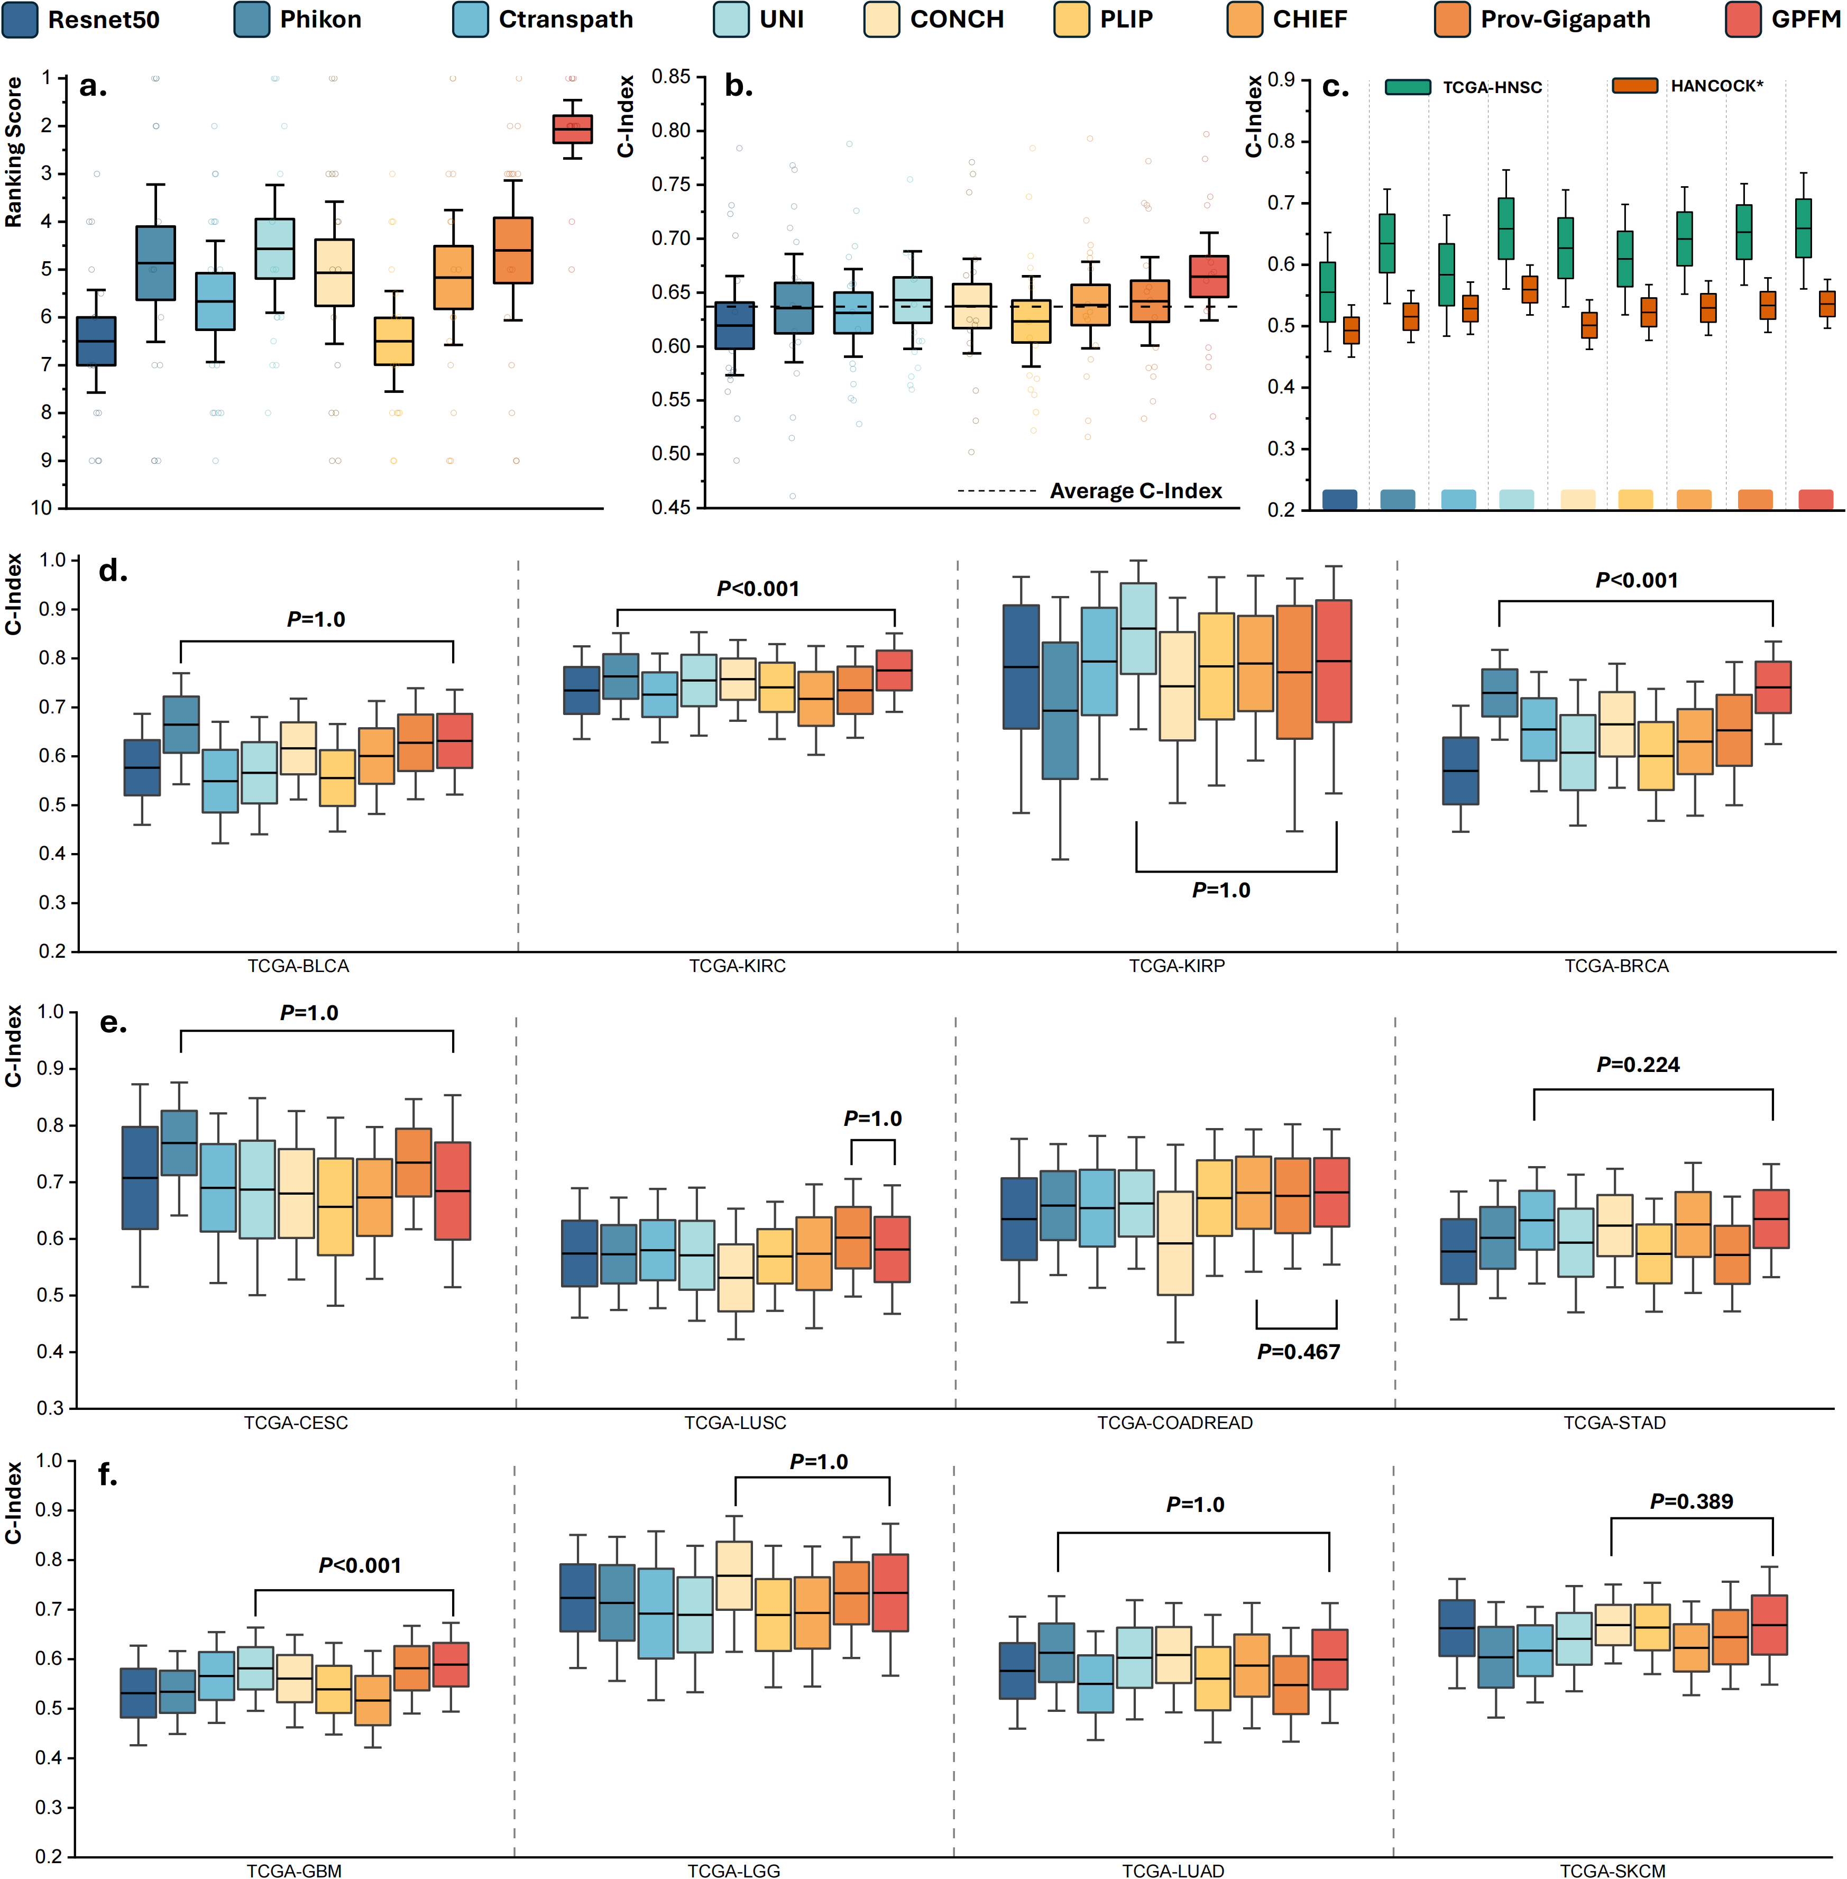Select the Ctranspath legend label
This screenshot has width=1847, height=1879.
coord(566,20)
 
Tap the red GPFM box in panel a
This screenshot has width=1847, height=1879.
coord(572,129)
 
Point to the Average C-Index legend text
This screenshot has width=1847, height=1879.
coord(1136,491)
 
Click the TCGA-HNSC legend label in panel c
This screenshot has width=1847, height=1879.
coord(1492,87)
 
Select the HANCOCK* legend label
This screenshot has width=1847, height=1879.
coord(1716,86)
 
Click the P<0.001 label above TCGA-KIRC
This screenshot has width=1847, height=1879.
coord(758,589)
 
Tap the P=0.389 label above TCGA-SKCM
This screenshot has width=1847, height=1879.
coord(1691,1501)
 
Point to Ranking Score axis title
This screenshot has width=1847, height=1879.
coord(14,153)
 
